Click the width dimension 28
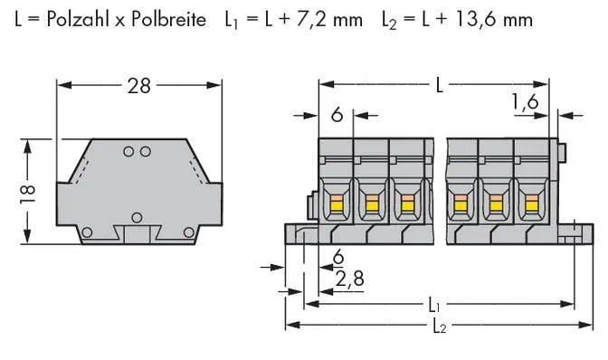(x=138, y=86)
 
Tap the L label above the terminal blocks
(x=439, y=86)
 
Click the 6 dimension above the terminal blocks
(x=336, y=115)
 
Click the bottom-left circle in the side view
(x=87, y=233)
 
